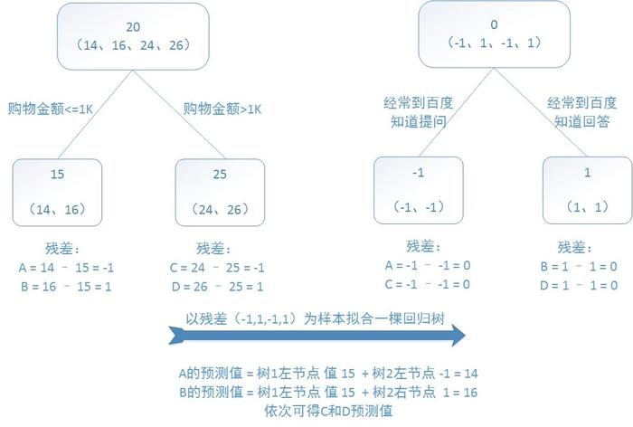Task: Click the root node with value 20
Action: (134, 36)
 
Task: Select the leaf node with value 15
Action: (56, 191)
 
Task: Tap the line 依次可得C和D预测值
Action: (316, 408)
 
